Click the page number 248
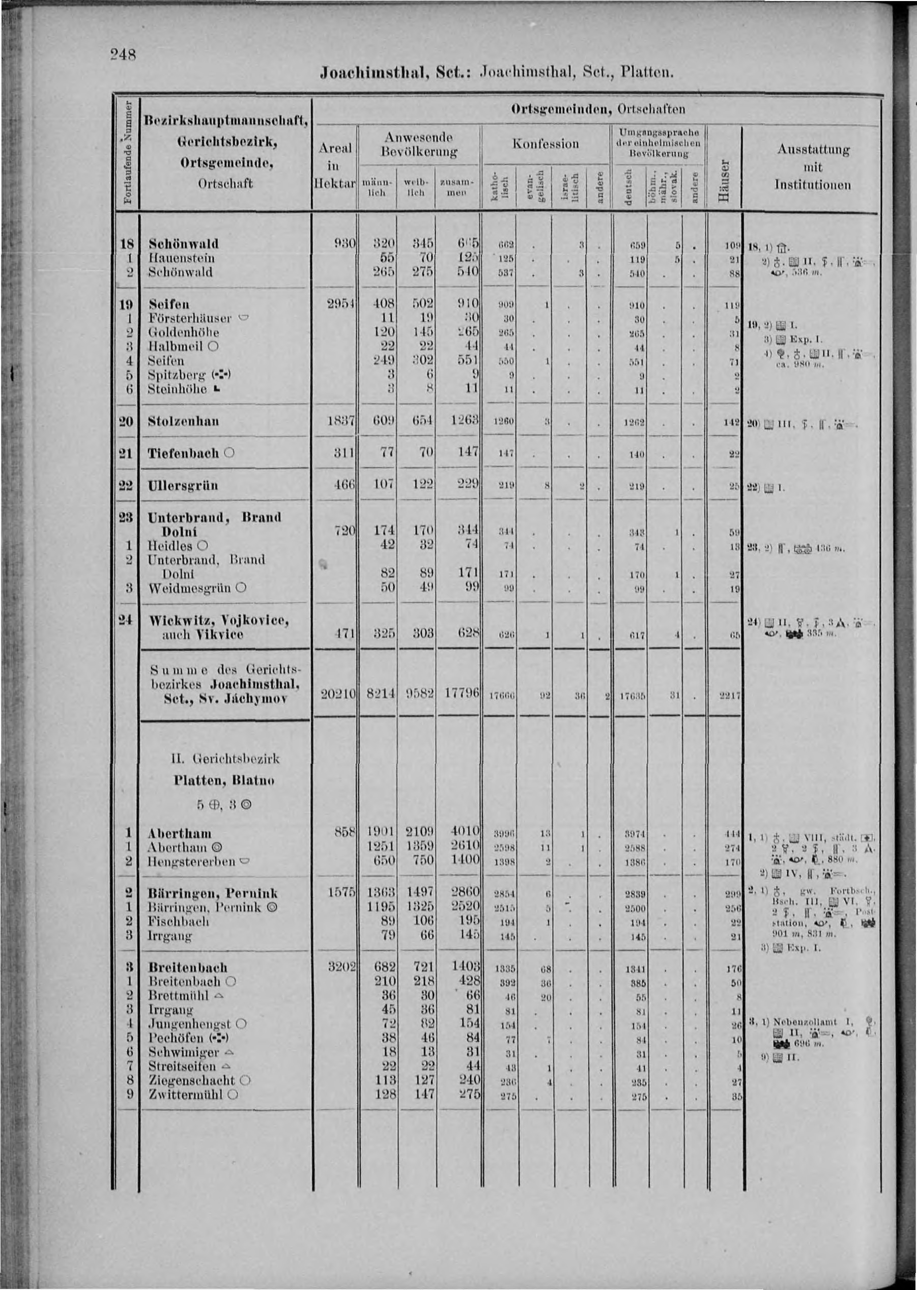(x=123, y=54)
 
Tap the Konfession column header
(x=546, y=144)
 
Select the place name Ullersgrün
(x=183, y=486)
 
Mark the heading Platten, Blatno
(x=225, y=781)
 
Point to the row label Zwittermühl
(x=186, y=1094)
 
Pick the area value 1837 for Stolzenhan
(x=340, y=422)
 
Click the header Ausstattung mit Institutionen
(x=813, y=167)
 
